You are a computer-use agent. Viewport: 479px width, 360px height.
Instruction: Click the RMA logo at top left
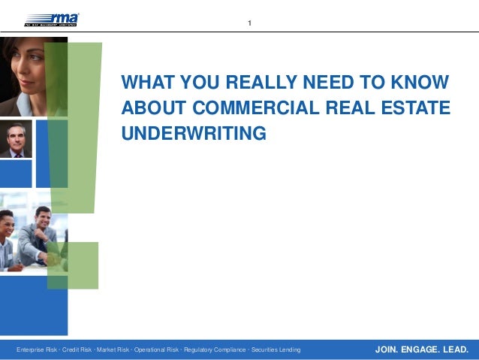click(52, 20)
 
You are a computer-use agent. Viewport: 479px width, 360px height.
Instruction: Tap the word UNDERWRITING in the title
click(194, 134)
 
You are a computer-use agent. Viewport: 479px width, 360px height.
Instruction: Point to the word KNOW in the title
click(422, 83)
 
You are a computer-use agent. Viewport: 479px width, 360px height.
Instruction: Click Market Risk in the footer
click(117, 350)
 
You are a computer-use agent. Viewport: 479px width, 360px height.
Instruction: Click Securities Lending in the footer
click(276, 350)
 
